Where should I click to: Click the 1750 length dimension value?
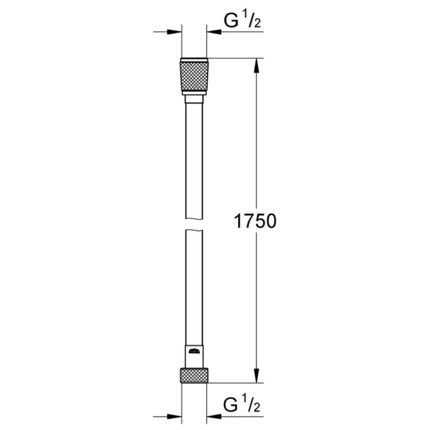(x=255, y=221)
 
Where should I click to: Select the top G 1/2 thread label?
(x=243, y=21)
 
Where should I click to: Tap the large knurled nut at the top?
(x=194, y=76)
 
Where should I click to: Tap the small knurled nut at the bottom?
(x=194, y=375)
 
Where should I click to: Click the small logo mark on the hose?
(x=194, y=351)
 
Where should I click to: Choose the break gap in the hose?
(x=194, y=223)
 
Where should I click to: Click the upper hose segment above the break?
(x=194, y=160)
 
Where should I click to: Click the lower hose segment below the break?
(x=194, y=290)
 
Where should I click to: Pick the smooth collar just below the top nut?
(x=194, y=99)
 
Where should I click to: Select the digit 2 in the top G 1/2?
(x=257, y=24)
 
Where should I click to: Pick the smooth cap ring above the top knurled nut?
(x=194, y=59)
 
